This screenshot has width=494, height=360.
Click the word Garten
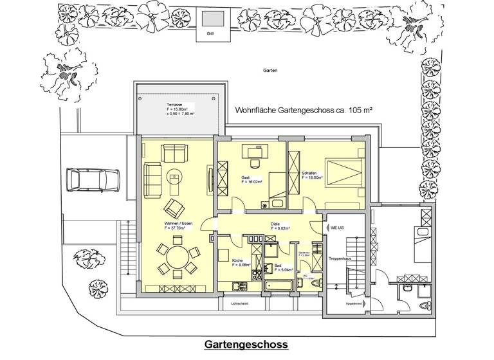270,71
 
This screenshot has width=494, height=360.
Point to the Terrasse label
174,105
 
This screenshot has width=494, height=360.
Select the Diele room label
275,223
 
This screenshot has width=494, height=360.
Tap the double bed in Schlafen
342,174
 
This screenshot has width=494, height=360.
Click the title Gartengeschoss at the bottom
246,345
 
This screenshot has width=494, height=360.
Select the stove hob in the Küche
255,274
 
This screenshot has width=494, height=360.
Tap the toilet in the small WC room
315,283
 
